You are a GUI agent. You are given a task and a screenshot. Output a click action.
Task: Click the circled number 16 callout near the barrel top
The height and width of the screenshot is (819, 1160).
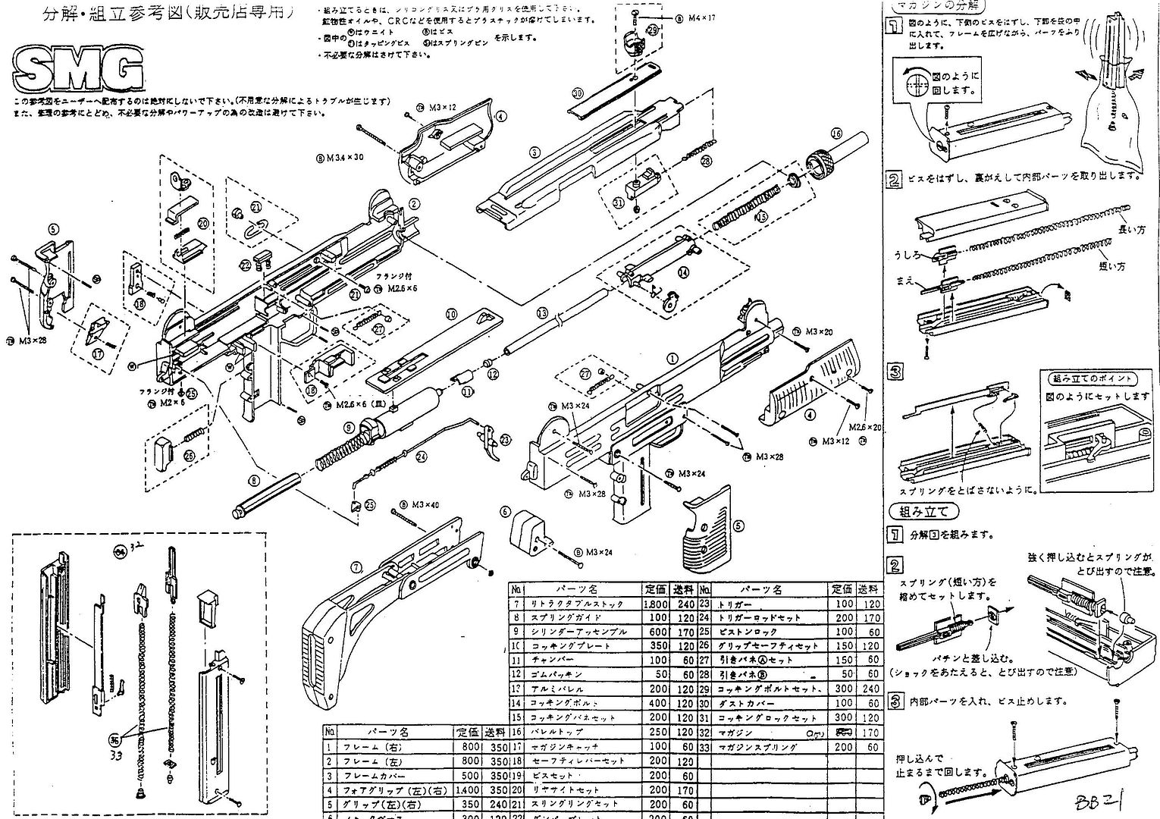[x=836, y=133]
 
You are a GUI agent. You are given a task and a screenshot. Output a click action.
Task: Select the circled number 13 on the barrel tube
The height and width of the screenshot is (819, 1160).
[x=541, y=313]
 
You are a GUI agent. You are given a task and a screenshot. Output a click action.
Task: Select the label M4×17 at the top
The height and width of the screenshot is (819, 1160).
[x=701, y=17]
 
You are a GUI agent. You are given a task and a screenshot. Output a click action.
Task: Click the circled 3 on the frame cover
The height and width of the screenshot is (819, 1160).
[x=535, y=152]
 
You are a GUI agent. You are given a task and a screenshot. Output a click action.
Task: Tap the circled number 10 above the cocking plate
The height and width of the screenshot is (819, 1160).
[x=451, y=313]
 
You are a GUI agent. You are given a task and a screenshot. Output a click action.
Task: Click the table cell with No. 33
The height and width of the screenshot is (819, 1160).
[x=704, y=747]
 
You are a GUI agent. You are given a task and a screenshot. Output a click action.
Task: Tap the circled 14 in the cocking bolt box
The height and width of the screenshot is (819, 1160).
[x=684, y=271]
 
